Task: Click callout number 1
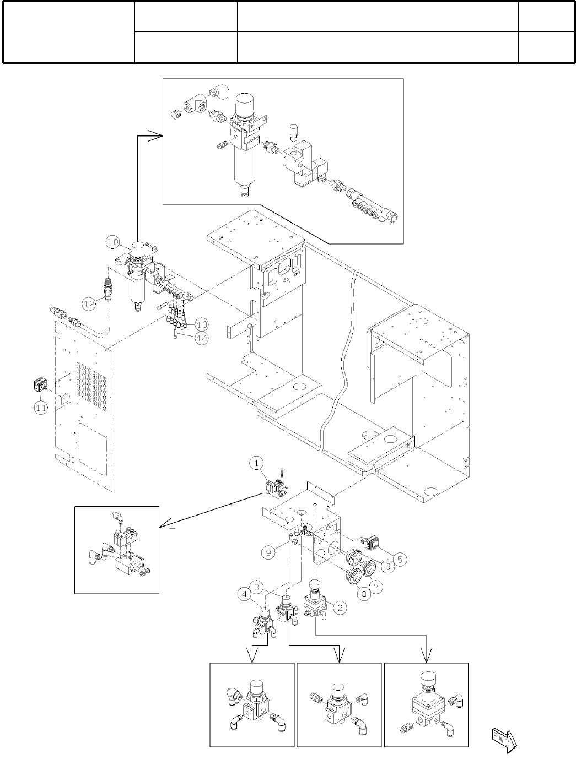(x=257, y=464)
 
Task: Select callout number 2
(x=341, y=608)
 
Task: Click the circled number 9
(x=267, y=551)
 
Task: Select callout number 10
(x=112, y=241)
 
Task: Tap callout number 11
(x=41, y=408)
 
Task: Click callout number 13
(x=202, y=323)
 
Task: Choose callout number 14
(x=202, y=338)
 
